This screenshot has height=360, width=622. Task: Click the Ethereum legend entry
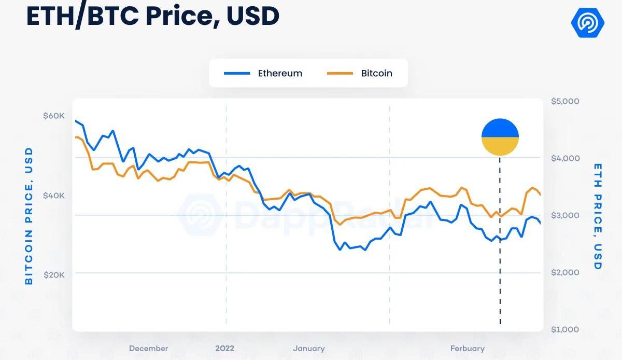tap(263, 73)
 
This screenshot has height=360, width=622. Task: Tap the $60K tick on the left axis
tap(54, 116)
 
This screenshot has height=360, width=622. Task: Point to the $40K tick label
tap(54, 196)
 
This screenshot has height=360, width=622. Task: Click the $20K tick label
tap(54, 275)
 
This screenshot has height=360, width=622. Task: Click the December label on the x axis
tap(148, 349)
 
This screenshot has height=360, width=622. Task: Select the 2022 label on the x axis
tap(225, 349)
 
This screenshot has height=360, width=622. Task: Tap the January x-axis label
tap(309, 349)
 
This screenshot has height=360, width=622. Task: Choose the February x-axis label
tap(468, 349)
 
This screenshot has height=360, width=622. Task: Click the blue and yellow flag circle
tap(500, 137)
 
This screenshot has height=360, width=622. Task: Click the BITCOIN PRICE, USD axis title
tap(29, 216)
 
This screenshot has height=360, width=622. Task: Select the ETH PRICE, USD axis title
tap(598, 216)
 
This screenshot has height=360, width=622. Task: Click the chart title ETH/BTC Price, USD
tap(153, 16)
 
